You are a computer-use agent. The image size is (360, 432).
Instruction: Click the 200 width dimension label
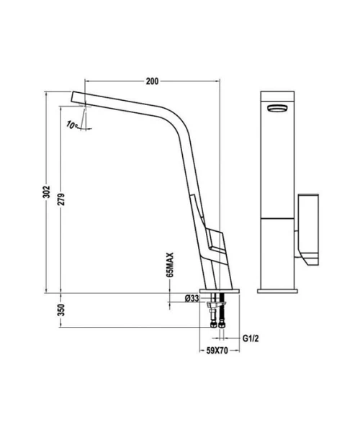click(153, 81)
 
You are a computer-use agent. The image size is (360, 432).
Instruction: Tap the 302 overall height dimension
click(47, 192)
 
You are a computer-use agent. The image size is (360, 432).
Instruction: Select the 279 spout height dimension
click(62, 199)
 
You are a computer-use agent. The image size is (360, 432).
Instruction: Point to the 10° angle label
click(71, 125)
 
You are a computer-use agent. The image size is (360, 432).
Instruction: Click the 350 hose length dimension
click(62, 310)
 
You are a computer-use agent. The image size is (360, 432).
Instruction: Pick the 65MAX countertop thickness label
click(171, 264)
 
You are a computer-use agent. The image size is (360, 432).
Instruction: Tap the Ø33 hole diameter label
click(192, 298)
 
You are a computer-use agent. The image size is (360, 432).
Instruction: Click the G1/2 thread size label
click(251, 338)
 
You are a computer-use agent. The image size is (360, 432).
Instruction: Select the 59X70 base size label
click(217, 351)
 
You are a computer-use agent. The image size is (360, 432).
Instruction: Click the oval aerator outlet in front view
click(277, 108)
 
